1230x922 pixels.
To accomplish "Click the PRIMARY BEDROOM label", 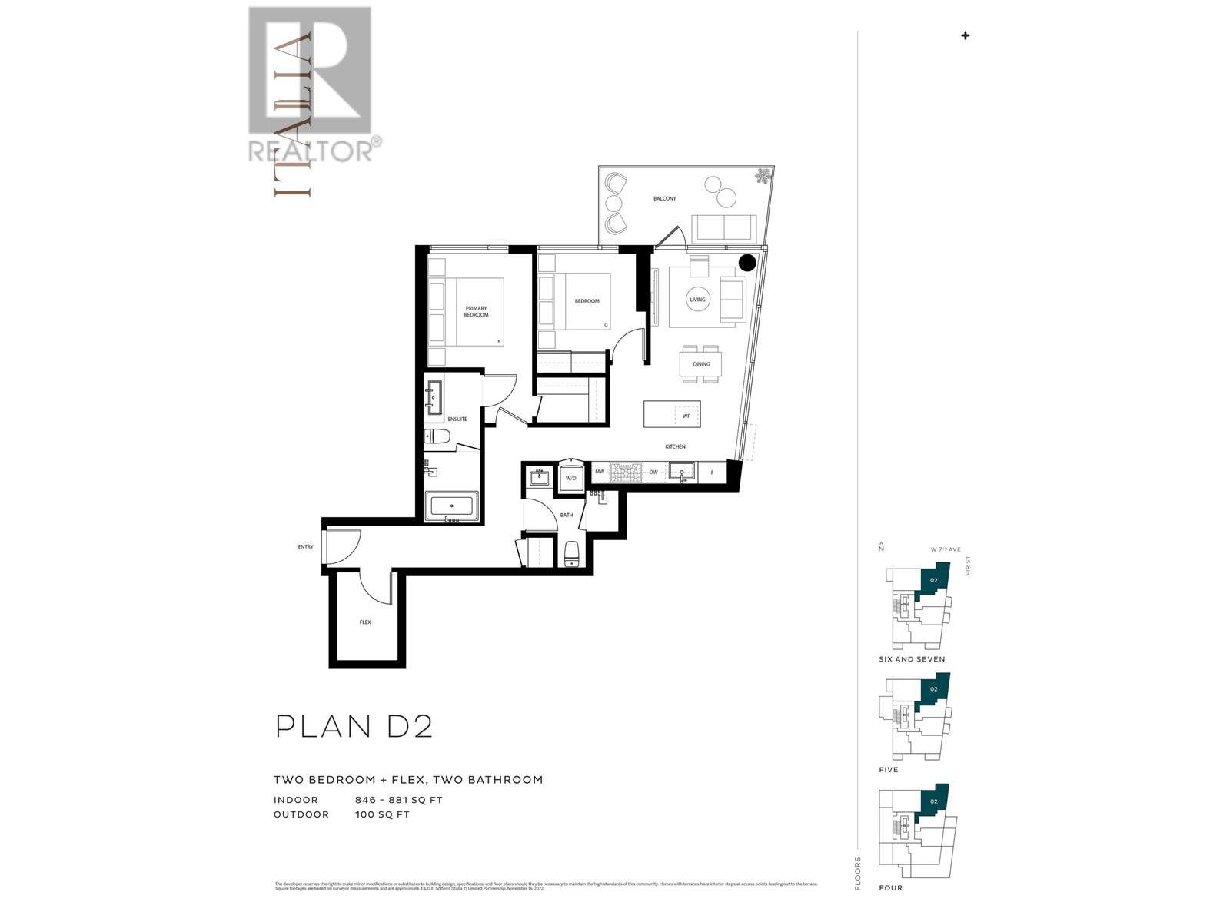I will pos(476,311).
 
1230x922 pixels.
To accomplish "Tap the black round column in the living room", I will pos(747,263).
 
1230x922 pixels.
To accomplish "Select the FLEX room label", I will pos(365,622).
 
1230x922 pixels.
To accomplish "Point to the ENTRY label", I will pos(305,547).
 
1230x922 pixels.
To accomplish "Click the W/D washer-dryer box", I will pos(571,478).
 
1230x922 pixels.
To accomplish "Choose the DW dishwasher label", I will pos(653,473).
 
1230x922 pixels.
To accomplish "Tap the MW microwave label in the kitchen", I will pos(600,473).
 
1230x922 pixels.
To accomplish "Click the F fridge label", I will pos(712,473).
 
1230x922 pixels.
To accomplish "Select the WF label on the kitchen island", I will pos(686,416).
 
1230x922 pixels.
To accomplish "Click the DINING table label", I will pos(701,364).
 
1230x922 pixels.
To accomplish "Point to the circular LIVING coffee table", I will pos(697,300).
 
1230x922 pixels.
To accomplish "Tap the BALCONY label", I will pos(665,198).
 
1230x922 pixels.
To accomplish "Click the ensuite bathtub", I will pos(451,506).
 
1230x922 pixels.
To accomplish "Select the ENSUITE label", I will pos(457,419).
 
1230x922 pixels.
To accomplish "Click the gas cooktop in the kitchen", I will pos(626,472).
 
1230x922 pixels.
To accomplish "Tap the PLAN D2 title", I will pos(354,726).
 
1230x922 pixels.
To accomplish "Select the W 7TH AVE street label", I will pos(945,549).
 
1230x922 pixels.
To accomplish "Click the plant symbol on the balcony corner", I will pos(763,177).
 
